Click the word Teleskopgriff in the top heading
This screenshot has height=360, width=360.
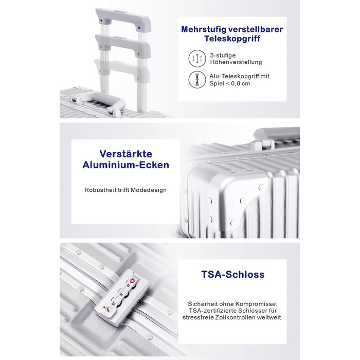point(232,39)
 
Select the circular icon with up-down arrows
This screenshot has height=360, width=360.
point(197,59)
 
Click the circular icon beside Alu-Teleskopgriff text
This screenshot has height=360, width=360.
point(197,79)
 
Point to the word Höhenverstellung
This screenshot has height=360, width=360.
point(236,62)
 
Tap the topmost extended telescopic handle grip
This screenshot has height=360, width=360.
point(123,19)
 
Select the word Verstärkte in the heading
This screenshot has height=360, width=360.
point(126,154)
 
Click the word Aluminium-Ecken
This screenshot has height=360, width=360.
point(126,165)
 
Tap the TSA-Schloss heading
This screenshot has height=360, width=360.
point(233,274)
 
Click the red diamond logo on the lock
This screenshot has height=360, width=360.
point(133,281)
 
